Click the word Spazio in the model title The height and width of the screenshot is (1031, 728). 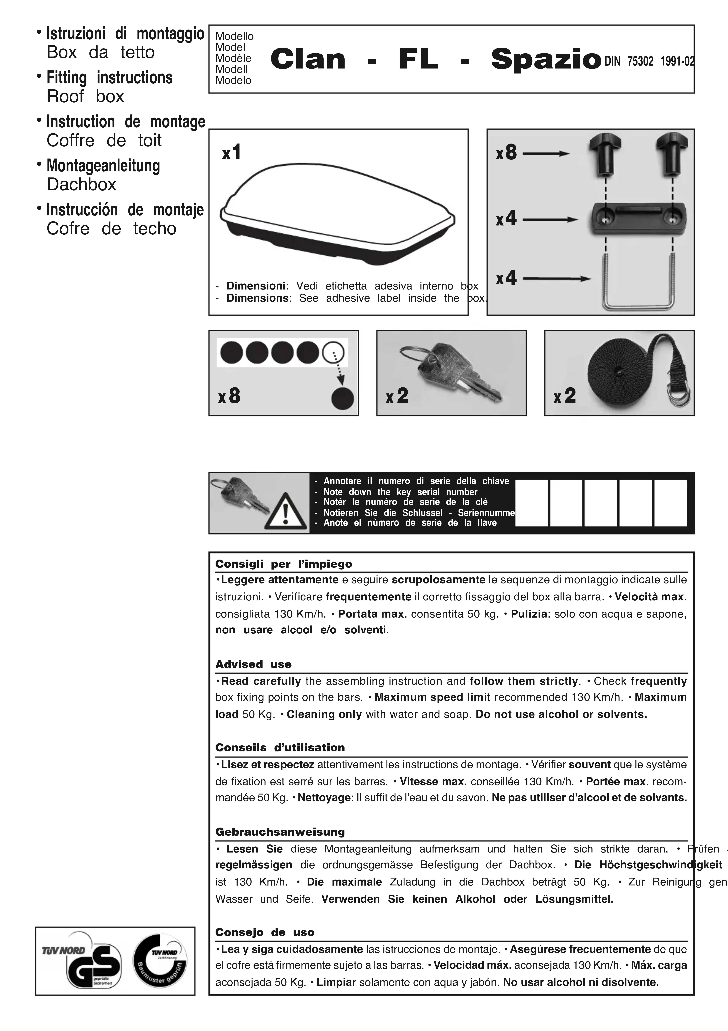click(x=545, y=60)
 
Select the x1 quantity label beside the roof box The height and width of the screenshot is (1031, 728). click(x=232, y=153)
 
